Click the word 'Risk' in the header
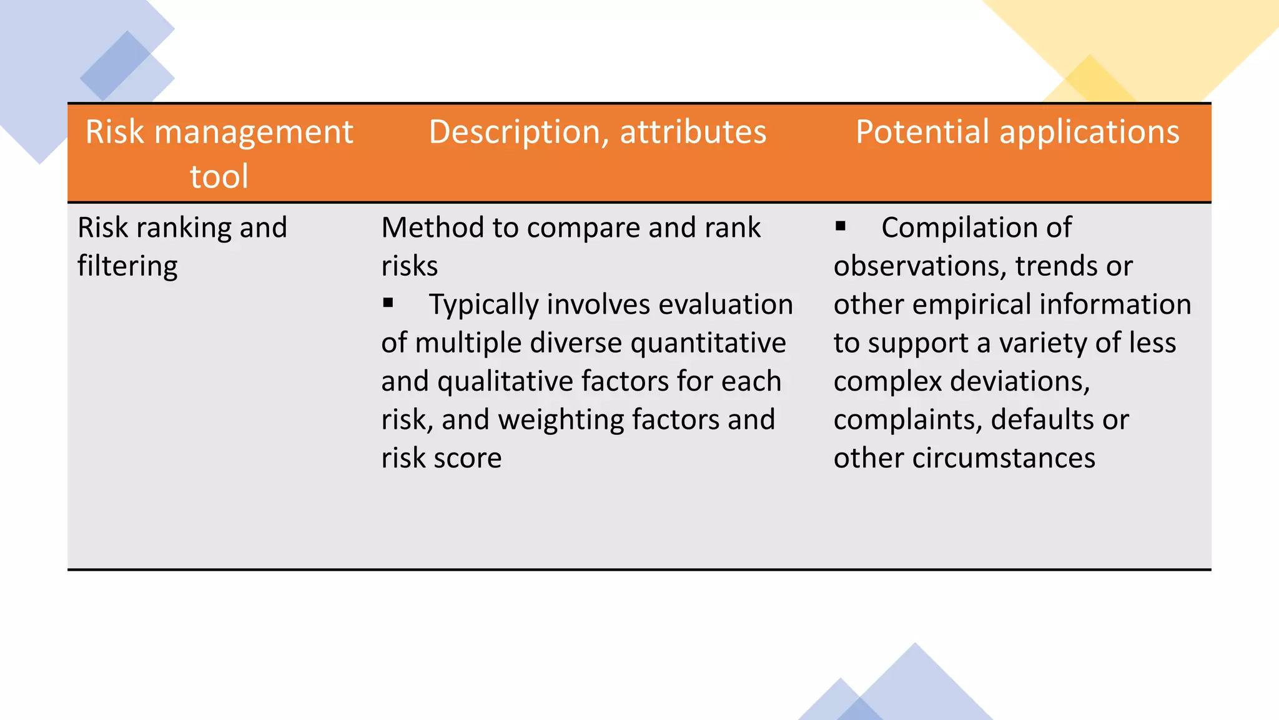coord(115,132)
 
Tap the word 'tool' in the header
coord(219,176)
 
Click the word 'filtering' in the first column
coord(127,266)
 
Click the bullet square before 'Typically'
coord(388,303)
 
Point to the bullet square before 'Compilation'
coord(841,226)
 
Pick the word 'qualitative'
coord(505,381)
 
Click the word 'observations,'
coord(920,266)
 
